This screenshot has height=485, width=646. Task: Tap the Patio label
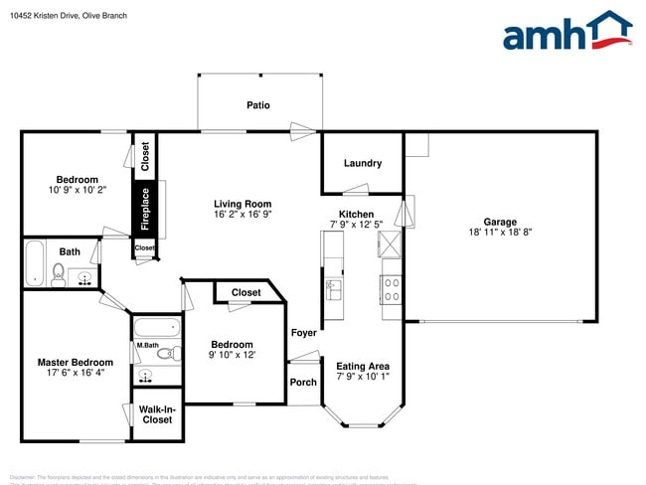(x=258, y=105)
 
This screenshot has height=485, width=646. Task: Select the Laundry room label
(x=363, y=163)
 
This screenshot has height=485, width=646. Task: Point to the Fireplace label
(x=145, y=209)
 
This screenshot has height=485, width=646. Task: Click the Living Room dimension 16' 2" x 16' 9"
(x=242, y=214)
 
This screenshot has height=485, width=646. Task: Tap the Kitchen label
(x=357, y=214)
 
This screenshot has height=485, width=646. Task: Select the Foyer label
(x=303, y=333)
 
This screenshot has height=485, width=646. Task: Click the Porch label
(x=303, y=383)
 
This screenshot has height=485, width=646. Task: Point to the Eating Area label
(x=363, y=366)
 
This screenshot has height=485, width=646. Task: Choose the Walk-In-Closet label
(x=155, y=413)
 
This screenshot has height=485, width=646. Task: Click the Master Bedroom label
(x=76, y=362)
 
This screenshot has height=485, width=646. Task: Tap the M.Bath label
(x=147, y=345)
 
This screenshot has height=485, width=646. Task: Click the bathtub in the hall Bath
(x=36, y=264)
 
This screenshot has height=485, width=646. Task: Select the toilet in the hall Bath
(x=59, y=273)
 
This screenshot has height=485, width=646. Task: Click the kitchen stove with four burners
(x=391, y=289)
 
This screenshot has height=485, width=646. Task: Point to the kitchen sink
(x=333, y=289)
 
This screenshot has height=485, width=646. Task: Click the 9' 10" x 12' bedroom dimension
(x=233, y=355)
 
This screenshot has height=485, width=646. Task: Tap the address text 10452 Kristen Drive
(x=56, y=16)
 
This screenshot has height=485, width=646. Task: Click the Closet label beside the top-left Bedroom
(x=145, y=154)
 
